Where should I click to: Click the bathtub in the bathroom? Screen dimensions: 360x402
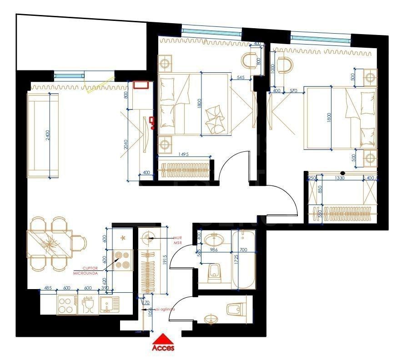pos(243,260)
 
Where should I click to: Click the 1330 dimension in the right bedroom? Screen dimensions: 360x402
pos(336,178)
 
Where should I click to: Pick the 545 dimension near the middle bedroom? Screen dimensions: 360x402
pos(241,78)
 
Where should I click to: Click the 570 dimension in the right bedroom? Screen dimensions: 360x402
pos(293,91)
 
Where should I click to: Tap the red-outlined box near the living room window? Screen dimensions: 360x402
pos(141,85)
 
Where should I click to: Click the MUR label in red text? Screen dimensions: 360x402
pos(177,238)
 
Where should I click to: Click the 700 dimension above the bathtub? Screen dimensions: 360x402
pos(243,250)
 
